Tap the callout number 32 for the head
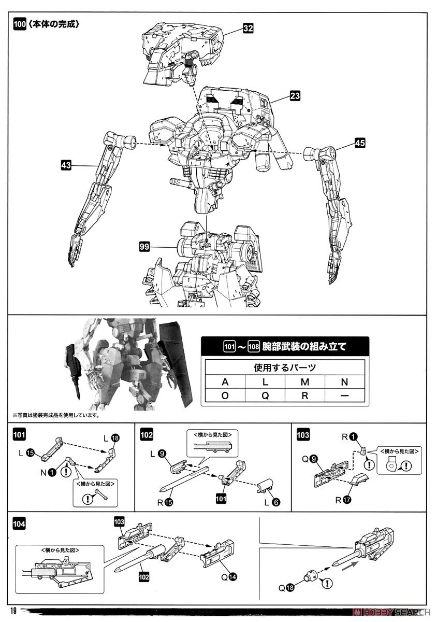click(x=248, y=30)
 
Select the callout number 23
click(x=295, y=96)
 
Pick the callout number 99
click(x=144, y=247)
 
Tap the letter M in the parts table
click(x=305, y=382)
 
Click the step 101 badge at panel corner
click(x=19, y=434)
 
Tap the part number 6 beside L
click(x=275, y=502)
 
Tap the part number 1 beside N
click(x=53, y=473)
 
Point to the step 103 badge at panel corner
click(x=304, y=434)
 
